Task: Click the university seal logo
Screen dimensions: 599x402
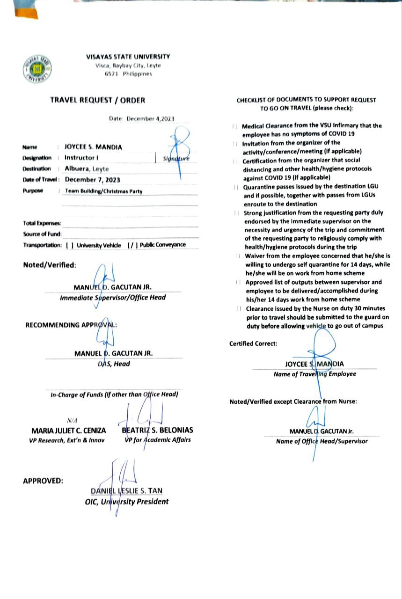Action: coord(37,69)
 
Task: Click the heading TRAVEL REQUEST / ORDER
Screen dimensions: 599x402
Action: coord(98,100)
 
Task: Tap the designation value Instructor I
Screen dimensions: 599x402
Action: coord(81,158)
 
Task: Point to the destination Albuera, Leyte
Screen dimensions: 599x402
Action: coord(87,168)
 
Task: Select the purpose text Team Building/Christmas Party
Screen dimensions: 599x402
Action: coord(103,191)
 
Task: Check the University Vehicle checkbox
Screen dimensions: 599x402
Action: coord(70,245)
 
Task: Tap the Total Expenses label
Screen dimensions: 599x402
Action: coord(42,224)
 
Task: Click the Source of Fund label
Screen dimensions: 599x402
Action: coord(42,234)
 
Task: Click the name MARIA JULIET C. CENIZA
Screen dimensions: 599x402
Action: coord(68,430)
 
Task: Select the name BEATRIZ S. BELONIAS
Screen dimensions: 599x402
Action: coord(157,430)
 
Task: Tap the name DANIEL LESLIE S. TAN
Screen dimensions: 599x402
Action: coord(127,490)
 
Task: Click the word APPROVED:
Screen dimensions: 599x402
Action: coord(43,480)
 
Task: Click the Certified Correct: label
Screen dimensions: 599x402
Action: coord(253,343)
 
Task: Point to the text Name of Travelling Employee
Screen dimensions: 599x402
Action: coord(314,374)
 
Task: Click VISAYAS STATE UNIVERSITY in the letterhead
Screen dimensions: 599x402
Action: coord(128,57)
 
